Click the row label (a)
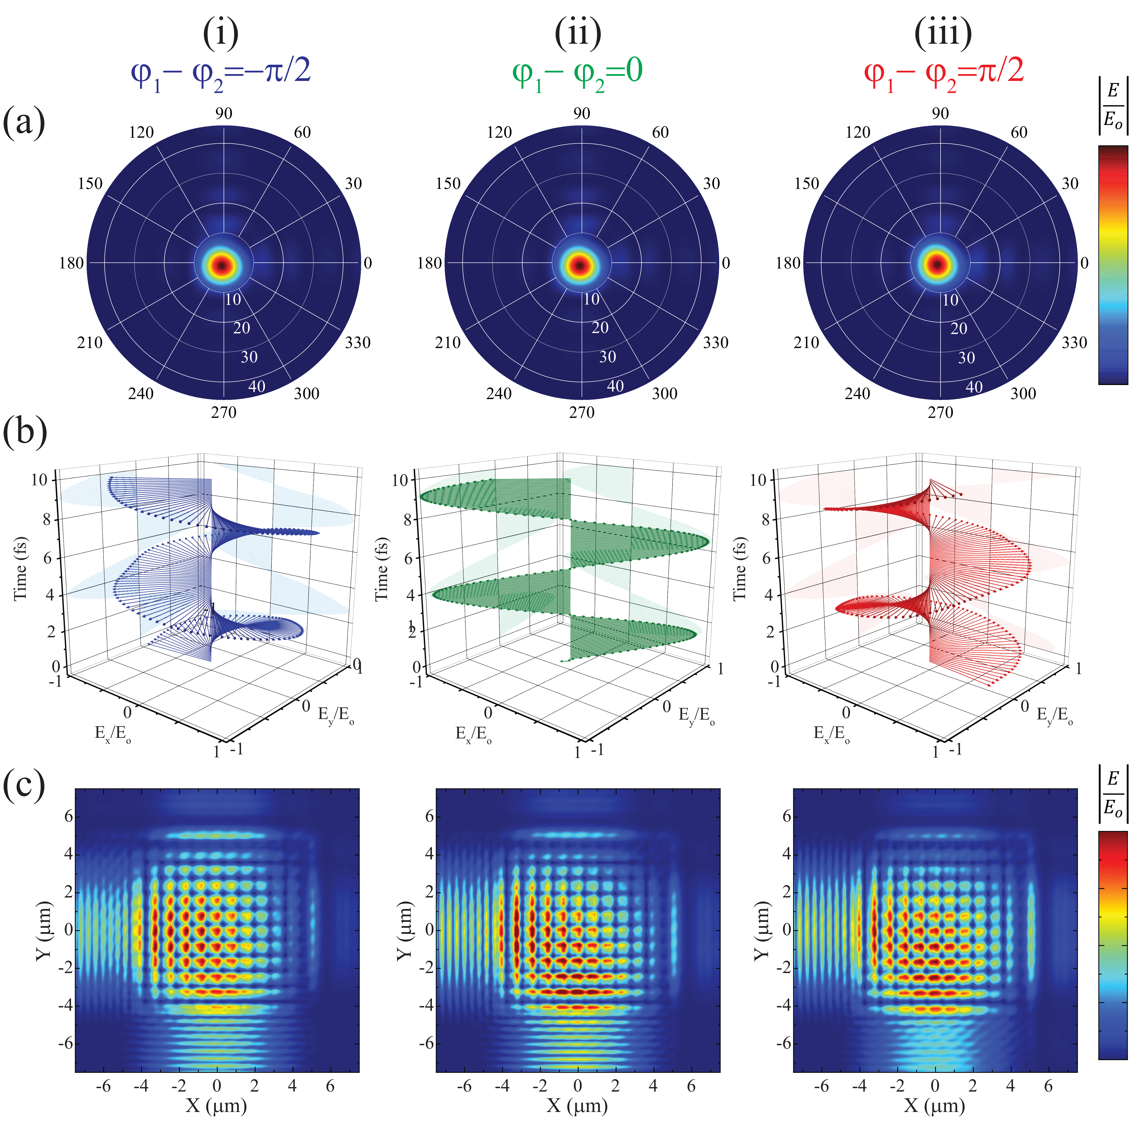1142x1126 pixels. pos(24,122)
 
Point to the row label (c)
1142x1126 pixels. pos(24,785)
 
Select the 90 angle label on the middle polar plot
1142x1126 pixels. pos(582,113)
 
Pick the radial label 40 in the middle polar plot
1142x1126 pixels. pos(615,386)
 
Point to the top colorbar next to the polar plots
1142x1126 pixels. pos(1113,265)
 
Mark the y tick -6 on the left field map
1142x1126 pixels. pos(65,1043)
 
